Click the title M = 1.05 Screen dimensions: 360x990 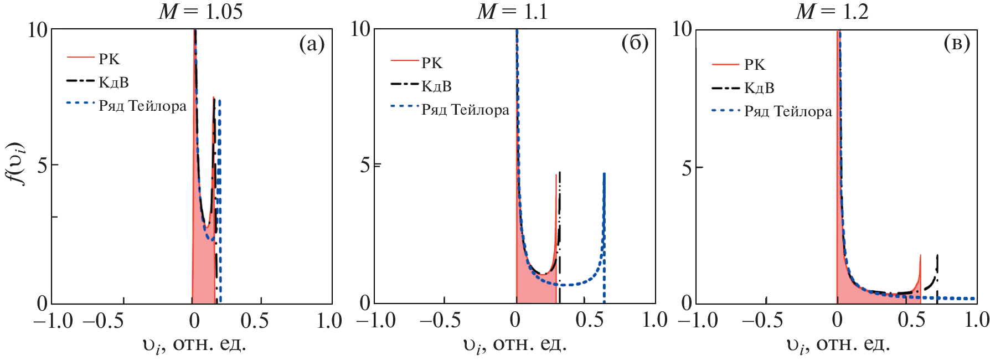coord(200,12)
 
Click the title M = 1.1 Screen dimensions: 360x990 coord(512,12)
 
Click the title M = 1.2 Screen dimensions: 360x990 coord(832,12)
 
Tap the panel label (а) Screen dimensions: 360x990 coord(312,44)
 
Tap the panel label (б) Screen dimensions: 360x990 coord(635,43)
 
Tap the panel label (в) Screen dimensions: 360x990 coord(957,43)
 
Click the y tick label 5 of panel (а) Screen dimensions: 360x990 coord(42,165)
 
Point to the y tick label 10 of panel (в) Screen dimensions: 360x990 coord(682,29)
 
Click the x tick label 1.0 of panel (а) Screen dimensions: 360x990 coord(329,320)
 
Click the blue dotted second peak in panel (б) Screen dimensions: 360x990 coord(604,176)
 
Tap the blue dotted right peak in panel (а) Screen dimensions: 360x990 coord(219,102)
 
